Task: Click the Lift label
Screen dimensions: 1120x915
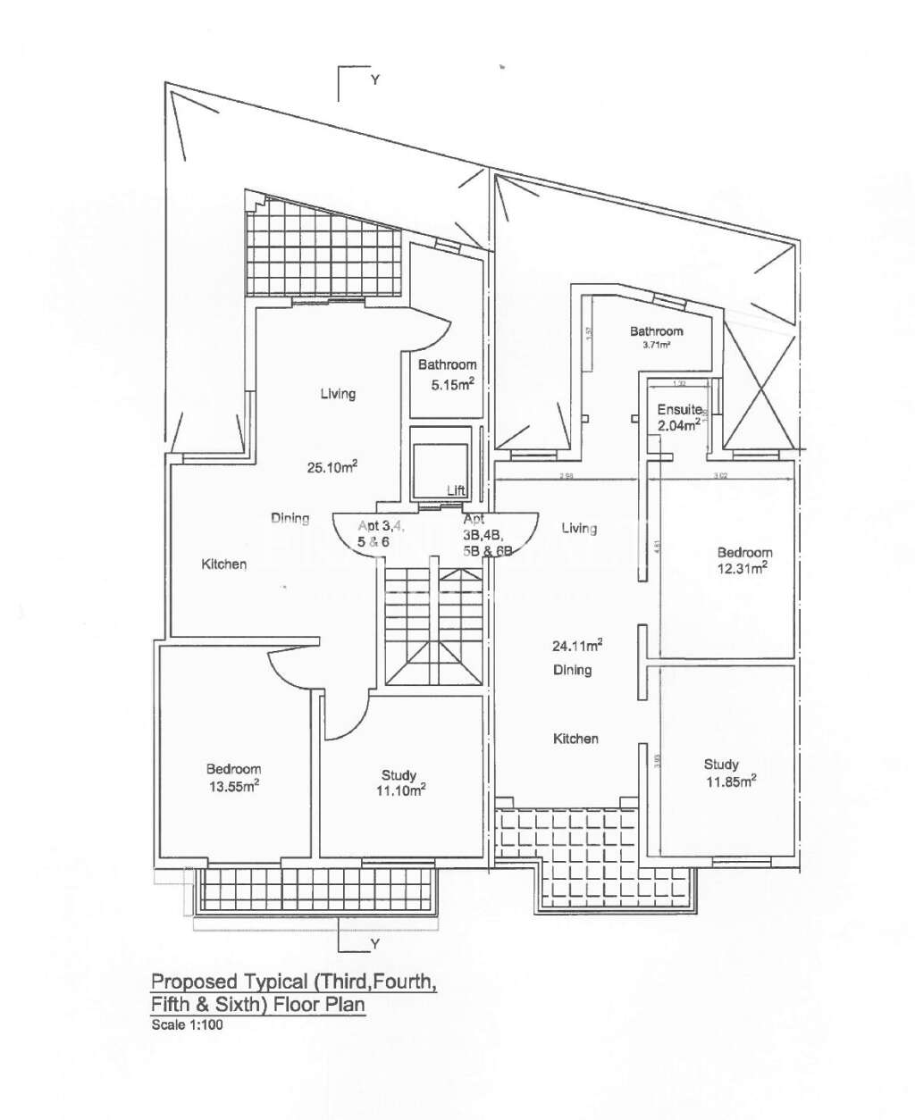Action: pyautogui.click(x=456, y=490)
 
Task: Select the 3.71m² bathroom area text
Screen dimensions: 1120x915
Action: pyautogui.click(x=656, y=345)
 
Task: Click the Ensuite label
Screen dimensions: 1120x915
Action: pyautogui.click(x=679, y=409)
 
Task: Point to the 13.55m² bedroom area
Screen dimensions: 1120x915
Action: pyautogui.click(x=233, y=786)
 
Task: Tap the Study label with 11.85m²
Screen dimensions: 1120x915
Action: pyautogui.click(x=721, y=764)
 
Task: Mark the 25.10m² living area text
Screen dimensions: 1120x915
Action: pyautogui.click(x=332, y=465)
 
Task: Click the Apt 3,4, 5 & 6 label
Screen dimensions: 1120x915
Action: pyautogui.click(x=380, y=534)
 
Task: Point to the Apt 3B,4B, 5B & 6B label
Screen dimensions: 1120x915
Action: pyautogui.click(x=487, y=535)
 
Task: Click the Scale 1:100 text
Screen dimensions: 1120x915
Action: pyautogui.click(x=187, y=1024)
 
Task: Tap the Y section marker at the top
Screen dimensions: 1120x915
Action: pyautogui.click(x=375, y=79)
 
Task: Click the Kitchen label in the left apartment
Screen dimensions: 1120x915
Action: pyautogui.click(x=223, y=564)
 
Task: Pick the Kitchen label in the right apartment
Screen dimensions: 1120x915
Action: pyautogui.click(x=575, y=739)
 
